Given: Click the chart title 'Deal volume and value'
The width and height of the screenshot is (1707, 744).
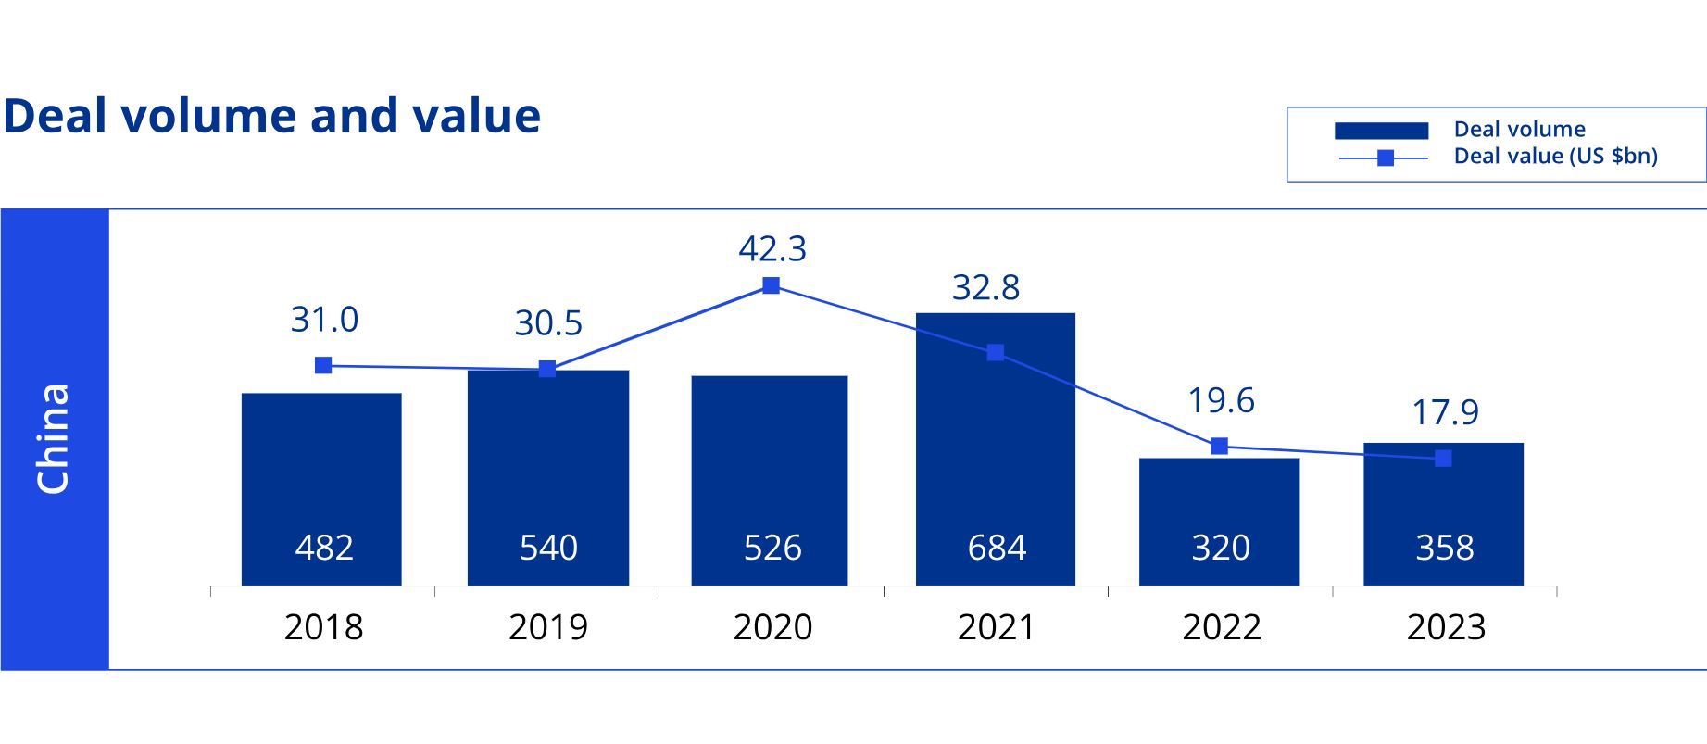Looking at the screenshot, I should (271, 116).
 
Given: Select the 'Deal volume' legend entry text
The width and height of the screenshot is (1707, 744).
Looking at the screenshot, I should (1519, 129).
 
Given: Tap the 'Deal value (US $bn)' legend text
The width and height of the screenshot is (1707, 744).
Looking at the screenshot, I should (1555, 156).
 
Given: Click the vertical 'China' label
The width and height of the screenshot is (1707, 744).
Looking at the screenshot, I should (53, 439).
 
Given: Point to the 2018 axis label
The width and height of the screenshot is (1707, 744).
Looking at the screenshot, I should (323, 627).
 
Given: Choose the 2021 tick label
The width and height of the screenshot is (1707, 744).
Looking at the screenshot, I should (997, 627).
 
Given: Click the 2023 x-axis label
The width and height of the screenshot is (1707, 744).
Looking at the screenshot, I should (1446, 627).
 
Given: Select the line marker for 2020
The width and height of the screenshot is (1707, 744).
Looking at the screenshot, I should (771, 285).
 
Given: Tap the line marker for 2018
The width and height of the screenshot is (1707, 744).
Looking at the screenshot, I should (323, 365).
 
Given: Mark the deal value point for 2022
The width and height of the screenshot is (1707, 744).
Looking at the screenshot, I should (1220, 447).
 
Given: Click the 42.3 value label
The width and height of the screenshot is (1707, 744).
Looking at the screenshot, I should (772, 248).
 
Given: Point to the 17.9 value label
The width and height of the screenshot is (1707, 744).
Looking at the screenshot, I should (1445, 412).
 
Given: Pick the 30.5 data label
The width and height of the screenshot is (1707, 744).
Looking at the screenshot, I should (548, 323).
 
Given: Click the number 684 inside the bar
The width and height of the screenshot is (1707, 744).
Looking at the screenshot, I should (997, 548).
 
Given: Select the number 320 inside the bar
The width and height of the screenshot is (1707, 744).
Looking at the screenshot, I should (1221, 548).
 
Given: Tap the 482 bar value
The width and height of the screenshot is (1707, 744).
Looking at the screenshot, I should (324, 548).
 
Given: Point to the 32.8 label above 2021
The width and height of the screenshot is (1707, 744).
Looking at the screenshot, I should (985, 287).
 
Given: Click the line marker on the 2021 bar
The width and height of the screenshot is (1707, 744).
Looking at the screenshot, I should (996, 352).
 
